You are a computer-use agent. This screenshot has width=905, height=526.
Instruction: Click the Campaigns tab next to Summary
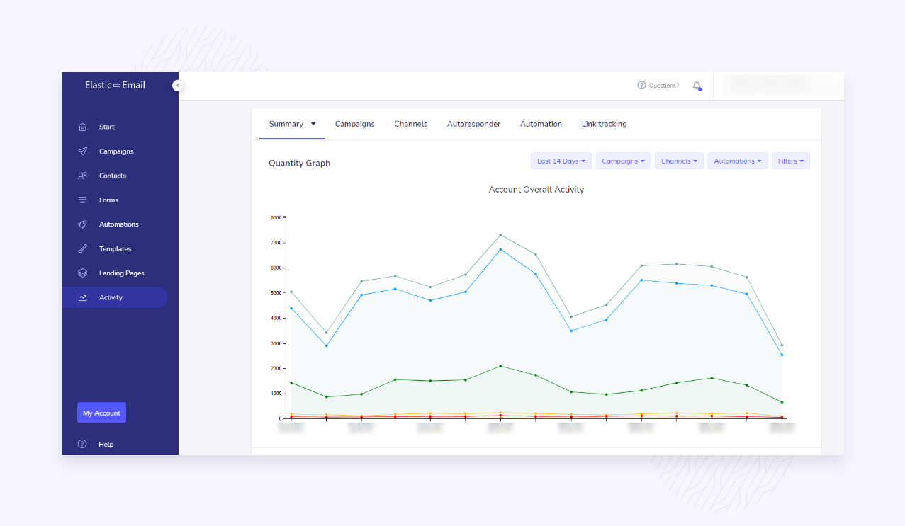(x=354, y=124)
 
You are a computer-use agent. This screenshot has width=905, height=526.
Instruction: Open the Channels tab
(x=410, y=124)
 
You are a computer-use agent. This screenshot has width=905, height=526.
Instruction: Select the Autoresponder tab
(x=473, y=124)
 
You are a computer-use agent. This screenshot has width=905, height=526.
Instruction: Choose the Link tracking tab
(x=604, y=124)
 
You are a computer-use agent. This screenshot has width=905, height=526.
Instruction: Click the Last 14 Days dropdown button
(x=561, y=161)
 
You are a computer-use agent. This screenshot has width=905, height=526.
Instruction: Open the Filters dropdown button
(x=790, y=161)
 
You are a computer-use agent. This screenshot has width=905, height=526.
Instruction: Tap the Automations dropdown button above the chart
(x=737, y=161)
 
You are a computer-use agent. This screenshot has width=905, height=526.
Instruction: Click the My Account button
(x=101, y=413)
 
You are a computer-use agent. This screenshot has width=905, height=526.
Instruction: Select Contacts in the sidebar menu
(x=112, y=176)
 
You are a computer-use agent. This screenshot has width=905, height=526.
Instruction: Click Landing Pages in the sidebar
(x=121, y=273)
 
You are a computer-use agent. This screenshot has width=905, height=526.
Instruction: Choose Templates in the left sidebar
(x=115, y=249)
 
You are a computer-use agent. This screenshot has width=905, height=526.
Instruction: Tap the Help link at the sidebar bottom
(x=106, y=445)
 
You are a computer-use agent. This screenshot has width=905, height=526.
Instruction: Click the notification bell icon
(x=697, y=86)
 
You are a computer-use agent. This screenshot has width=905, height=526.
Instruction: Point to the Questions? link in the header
(x=658, y=86)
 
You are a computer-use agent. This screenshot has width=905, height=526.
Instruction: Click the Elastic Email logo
(x=115, y=85)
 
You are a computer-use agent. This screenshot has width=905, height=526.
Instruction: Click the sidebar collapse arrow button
(x=177, y=86)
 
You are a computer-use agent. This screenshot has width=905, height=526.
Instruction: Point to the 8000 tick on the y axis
(x=276, y=217)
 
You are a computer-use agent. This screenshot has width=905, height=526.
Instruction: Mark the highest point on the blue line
(x=500, y=249)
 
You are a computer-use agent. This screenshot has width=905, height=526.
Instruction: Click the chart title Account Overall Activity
(x=536, y=190)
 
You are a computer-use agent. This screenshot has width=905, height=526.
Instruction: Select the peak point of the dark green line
(x=500, y=366)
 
